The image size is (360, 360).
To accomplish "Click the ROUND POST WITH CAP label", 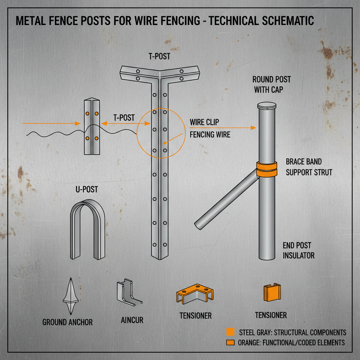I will point(271,84).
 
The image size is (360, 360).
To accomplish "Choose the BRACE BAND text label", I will point(303,162).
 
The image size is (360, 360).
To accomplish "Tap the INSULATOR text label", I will point(298,256).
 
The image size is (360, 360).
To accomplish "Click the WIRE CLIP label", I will point(204,122).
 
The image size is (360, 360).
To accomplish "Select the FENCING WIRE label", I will point(210,135).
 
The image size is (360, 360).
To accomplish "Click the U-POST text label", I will point(86,190).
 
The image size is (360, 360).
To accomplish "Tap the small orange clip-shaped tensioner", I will point(272,292).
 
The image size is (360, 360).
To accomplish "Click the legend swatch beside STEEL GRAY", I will point(231,332).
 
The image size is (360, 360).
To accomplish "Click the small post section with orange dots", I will point(91,127).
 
